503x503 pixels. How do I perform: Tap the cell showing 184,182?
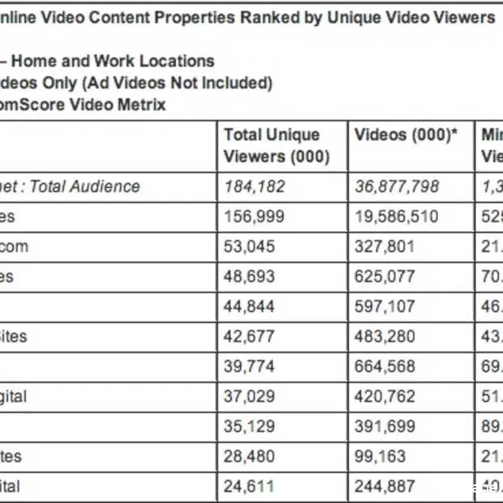[x=254, y=187]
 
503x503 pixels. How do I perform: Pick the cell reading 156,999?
[x=254, y=217]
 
